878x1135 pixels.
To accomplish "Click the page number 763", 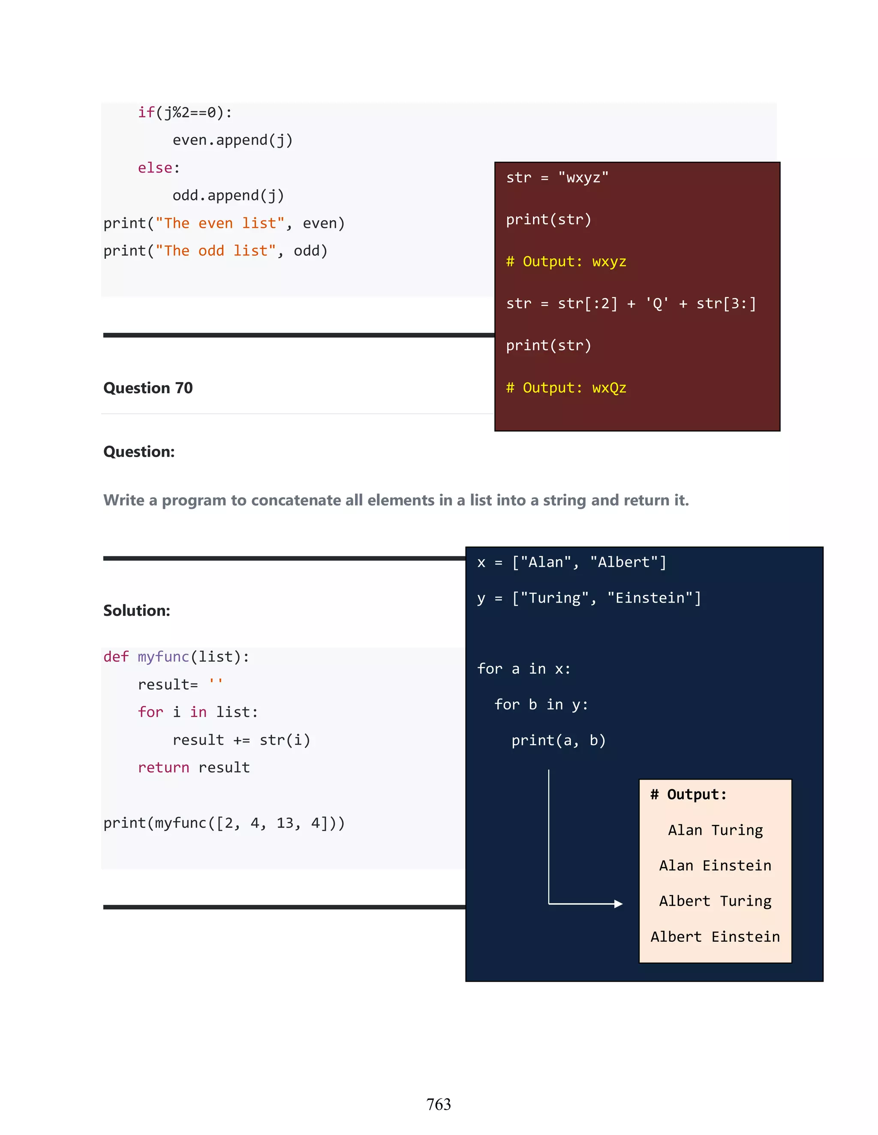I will tap(439, 1104).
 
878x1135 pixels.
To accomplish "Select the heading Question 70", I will tap(148, 388).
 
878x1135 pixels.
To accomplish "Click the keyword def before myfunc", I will tap(115, 657).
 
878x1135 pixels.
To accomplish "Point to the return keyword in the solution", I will tap(163, 768).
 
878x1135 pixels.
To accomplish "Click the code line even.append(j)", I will tap(232, 140).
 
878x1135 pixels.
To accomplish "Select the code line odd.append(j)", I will tap(229, 195).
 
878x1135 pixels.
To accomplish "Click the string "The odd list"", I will tap(215, 251).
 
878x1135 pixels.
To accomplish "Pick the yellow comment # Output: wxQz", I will tap(566, 388).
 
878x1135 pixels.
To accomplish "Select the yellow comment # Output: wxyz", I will tap(566, 261).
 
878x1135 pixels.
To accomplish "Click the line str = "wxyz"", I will tap(557, 178).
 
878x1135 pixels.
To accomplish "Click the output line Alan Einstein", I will tap(715, 865).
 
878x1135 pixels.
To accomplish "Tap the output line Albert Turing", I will tap(715, 901).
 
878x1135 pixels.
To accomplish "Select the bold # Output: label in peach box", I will tap(688, 794).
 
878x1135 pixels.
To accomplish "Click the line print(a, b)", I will tap(558, 740).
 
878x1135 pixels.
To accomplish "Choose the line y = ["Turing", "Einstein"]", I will tap(589, 598).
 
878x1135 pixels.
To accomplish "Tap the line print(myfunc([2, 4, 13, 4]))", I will tap(224, 823).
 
